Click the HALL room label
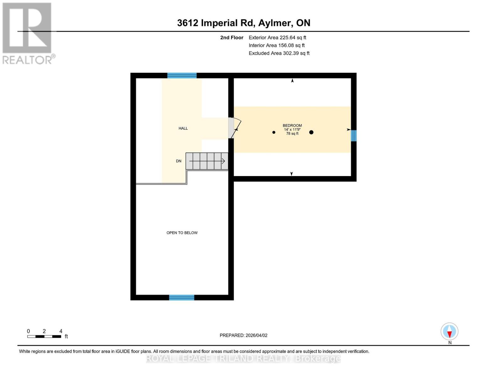pos(183,128)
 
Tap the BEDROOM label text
pos(292,126)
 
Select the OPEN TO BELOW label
pos(182,233)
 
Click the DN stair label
pos(178,161)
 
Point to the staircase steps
pos(207,161)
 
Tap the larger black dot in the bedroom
pos(311,132)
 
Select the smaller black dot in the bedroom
pos(274,133)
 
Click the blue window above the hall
pos(182,76)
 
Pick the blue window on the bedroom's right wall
pos(353,136)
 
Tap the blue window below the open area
pos(182,298)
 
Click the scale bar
pos(44,337)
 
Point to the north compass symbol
pos(449,332)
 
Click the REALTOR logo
pos(28,33)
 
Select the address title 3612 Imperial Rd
pos(244,23)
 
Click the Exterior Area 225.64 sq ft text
pos(277,38)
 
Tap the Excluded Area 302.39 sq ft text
pos(279,53)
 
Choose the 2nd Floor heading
pos(232,38)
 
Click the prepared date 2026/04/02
pos(243,335)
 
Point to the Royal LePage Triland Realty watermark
pos(243,358)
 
